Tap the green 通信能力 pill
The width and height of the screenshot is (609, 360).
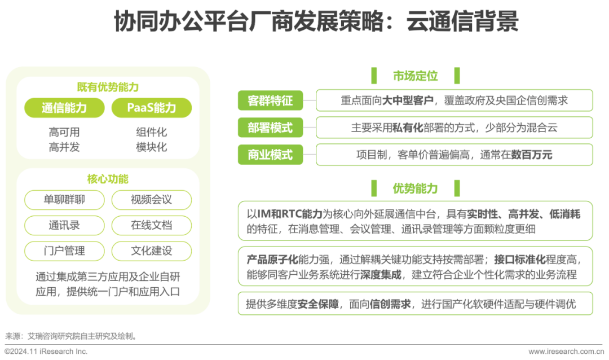(64, 108)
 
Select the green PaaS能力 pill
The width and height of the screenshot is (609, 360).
(151, 108)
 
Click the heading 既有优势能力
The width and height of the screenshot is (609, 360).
(108, 87)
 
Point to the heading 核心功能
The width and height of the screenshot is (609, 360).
(108, 179)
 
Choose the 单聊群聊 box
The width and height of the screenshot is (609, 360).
(64, 200)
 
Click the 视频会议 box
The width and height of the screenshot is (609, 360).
(151, 200)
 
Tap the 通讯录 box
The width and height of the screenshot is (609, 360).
(64, 225)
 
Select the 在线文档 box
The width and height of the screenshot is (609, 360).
(151, 225)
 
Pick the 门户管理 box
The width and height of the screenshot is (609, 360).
(64, 251)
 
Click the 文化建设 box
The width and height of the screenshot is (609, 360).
(151, 251)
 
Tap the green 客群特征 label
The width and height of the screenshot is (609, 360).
(270, 100)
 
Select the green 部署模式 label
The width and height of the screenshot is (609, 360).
(270, 128)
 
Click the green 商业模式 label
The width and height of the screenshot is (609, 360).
(270, 155)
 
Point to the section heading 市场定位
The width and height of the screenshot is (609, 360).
(416, 76)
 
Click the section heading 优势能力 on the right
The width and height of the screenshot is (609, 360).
(416, 188)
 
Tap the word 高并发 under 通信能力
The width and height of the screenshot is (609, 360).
(64, 147)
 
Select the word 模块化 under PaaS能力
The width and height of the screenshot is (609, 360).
(151, 147)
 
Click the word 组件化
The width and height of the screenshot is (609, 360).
(151, 133)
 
